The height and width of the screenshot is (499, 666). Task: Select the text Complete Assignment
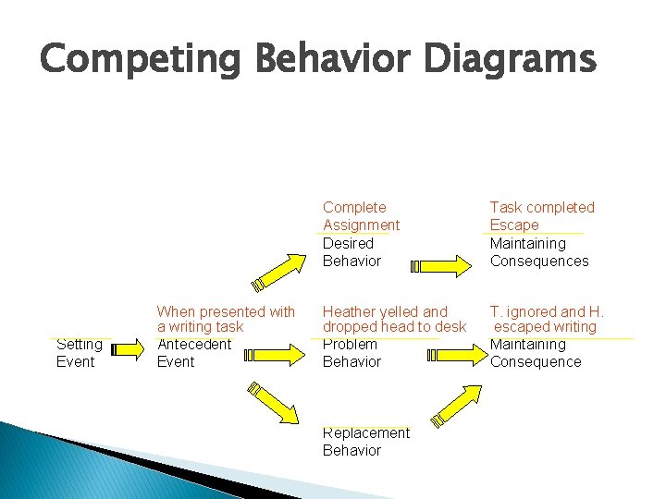(x=361, y=216)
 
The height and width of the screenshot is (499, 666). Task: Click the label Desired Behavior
(x=351, y=252)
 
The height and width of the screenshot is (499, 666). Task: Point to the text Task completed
(x=542, y=208)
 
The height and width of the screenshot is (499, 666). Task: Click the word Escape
(x=513, y=225)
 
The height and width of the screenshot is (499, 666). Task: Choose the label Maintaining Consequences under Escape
(x=538, y=252)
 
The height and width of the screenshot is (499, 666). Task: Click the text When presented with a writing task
(x=226, y=319)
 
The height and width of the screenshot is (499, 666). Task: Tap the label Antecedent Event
(x=194, y=353)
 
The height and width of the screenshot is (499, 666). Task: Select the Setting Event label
(x=80, y=353)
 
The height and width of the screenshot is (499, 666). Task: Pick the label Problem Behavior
(x=351, y=353)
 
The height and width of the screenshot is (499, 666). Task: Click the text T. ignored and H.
(x=547, y=312)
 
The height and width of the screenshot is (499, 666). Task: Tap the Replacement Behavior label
(x=365, y=442)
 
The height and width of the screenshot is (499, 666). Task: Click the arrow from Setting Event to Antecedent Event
(x=126, y=350)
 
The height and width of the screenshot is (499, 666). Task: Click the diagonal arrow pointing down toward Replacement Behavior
(x=274, y=403)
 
